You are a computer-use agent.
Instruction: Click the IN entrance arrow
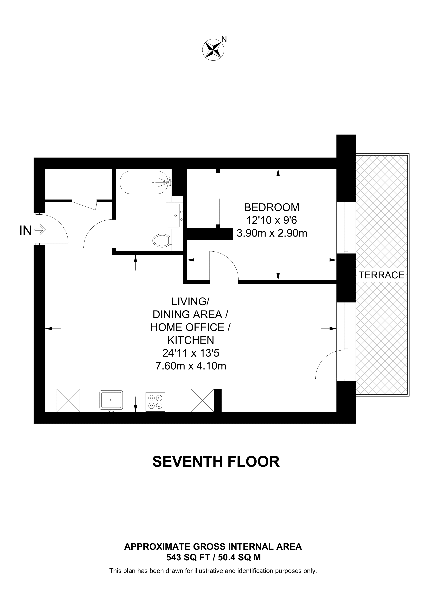[x=40, y=230]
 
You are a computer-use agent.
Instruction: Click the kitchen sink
[x=111, y=400]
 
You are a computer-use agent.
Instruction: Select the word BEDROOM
[x=272, y=207]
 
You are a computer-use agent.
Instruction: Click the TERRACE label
[x=381, y=275]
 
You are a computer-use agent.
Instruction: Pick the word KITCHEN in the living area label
[x=191, y=340]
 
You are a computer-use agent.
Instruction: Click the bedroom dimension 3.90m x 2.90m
[x=272, y=233]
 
